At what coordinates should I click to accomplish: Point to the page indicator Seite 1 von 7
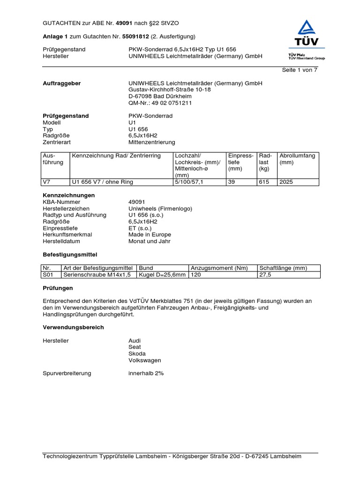click(300, 70)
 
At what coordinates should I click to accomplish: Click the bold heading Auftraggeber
click(61, 83)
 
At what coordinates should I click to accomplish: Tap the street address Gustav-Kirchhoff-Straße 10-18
click(170, 90)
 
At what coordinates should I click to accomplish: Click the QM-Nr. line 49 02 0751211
click(160, 103)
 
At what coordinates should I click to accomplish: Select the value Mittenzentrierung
click(152, 142)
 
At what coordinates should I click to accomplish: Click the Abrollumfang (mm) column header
click(297, 159)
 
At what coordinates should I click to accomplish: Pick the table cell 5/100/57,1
click(189, 182)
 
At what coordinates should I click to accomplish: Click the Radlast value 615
click(264, 182)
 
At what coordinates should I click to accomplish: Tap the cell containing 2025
click(286, 182)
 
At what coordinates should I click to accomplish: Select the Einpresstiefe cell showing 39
click(232, 182)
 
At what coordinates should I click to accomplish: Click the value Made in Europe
click(150, 234)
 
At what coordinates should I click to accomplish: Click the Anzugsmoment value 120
click(196, 275)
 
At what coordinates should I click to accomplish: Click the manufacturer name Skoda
click(137, 353)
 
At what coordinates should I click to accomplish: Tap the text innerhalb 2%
click(146, 373)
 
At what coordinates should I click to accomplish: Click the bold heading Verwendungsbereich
click(73, 327)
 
